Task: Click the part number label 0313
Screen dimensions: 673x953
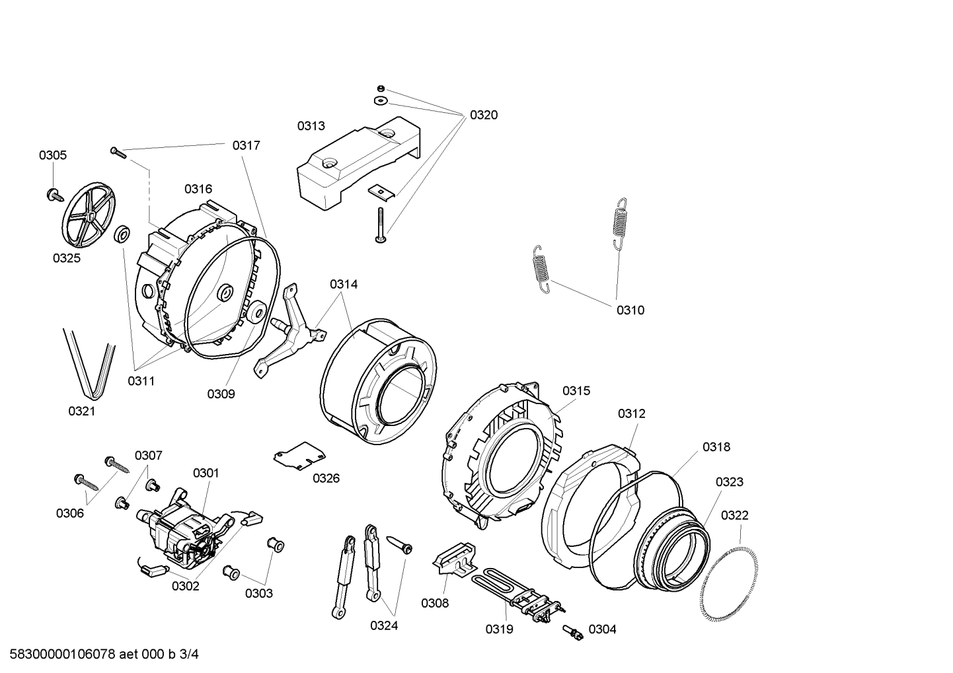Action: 311,125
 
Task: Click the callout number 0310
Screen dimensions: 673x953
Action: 630,310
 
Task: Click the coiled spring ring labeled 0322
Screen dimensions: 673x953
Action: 729,579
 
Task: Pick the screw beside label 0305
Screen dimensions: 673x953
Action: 54,195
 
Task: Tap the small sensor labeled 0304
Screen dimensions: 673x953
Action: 572,632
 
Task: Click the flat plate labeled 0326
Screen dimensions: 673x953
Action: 299,455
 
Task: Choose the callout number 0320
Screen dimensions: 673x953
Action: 484,115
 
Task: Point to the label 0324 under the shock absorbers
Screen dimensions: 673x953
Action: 384,625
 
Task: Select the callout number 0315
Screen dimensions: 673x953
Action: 576,391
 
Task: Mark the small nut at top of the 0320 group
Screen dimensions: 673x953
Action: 381,89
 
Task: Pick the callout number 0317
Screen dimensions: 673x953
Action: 246,145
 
